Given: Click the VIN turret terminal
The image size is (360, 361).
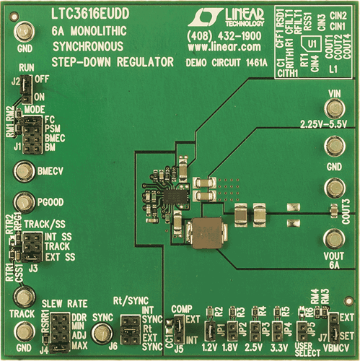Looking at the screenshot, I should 333,108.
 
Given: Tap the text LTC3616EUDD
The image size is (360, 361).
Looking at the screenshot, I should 92,13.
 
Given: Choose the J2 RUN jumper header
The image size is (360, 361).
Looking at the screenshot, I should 22,90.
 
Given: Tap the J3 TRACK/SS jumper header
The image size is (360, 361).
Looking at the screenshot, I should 30,249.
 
